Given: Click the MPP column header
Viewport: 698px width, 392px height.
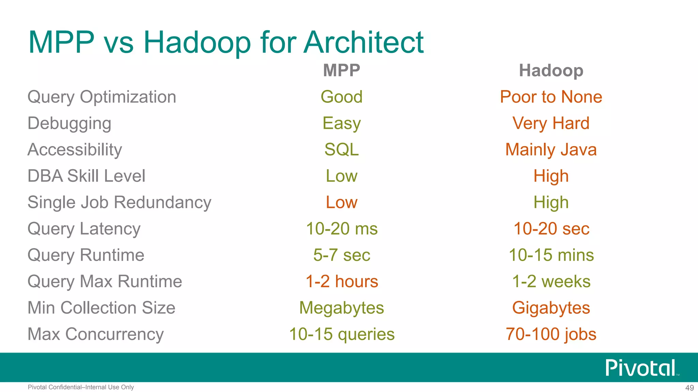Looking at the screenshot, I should pos(342,70).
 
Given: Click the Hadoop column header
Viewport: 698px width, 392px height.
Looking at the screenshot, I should pos(551,70).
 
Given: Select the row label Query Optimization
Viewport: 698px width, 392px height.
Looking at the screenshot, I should pos(102,97).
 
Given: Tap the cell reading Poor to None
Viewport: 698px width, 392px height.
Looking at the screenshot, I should pos(551,97).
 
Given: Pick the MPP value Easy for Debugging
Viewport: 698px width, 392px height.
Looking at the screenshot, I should pos(342,123).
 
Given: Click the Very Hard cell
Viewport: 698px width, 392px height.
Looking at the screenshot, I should pos(551,123).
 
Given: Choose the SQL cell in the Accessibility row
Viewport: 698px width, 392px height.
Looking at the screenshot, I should pos(342,150).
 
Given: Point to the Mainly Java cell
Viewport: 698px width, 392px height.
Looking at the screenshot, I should pos(551,150).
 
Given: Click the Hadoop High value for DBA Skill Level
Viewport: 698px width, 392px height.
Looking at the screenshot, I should pos(551,176).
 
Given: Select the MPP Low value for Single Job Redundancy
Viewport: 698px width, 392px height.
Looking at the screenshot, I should pos(342,202).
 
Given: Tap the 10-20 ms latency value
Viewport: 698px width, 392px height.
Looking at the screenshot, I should pos(342,229).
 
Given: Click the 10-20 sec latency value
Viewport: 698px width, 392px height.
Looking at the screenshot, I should pos(551,229).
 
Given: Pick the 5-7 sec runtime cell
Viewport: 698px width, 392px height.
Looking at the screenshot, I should pos(342,255).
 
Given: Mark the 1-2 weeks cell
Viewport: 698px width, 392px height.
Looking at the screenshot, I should pos(551,281).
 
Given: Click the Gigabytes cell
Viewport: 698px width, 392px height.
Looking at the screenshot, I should pos(551,308).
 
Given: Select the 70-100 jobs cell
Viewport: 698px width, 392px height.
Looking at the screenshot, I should pos(551,334).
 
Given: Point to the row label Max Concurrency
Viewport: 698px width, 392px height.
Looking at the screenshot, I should pos(95,334).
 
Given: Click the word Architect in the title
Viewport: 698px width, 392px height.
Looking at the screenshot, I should pos(363,43).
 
